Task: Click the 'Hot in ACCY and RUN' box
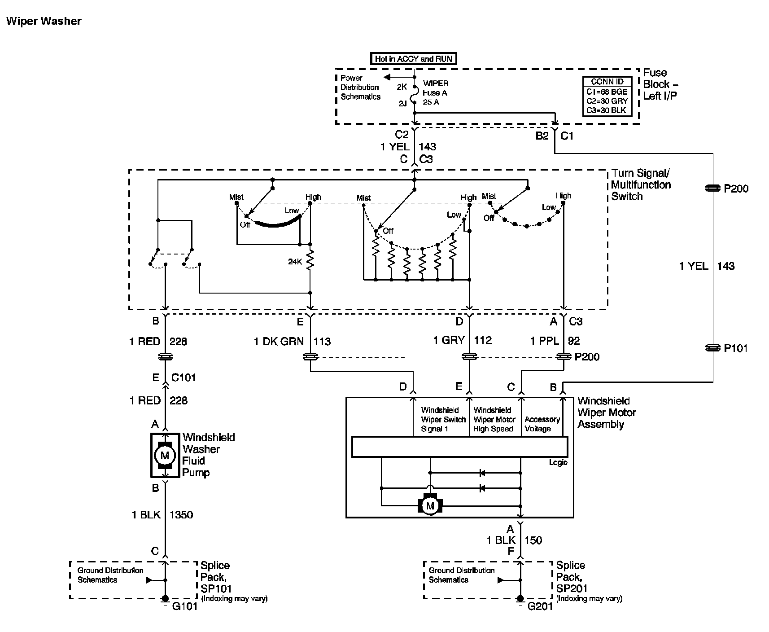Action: [x=413, y=59]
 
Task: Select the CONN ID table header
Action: [x=607, y=82]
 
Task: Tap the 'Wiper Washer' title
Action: [x=44, y=21]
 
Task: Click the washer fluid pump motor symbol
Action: [x=165, y=456]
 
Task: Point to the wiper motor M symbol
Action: [x=430, y=506]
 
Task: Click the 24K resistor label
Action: [x=295, y=262]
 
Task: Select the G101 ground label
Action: [x=185, y=607]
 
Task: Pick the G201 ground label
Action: [x=540, y=607]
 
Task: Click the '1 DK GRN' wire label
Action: [x=279, y=342]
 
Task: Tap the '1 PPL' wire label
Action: [x=544, y=341]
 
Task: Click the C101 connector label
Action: [x=184, y=377]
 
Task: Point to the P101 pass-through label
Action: [x=736, y=348]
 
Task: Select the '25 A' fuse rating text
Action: [x=431, y=102]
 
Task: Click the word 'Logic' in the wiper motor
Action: [x=558, y=463]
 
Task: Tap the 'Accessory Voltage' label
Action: [x=542, y=424]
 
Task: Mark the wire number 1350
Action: [x=181, y=515]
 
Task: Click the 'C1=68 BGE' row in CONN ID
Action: [x=607, y=92]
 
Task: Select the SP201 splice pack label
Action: [x=572, y=588]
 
